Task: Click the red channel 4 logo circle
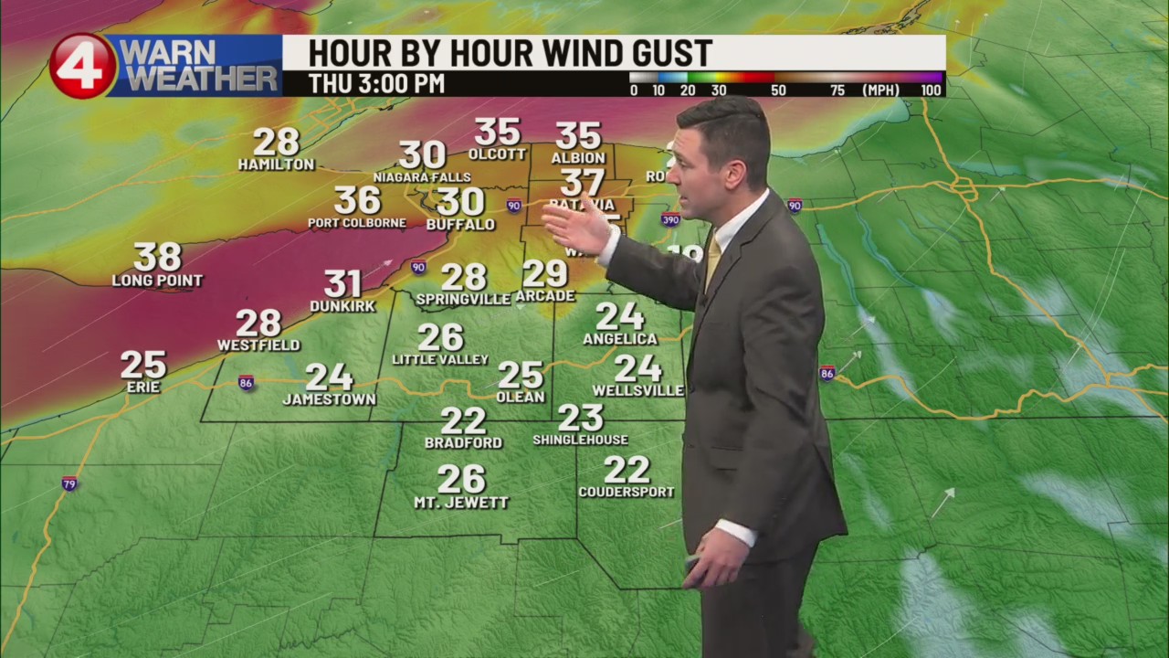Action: [83, 66]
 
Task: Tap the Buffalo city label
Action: [460, 225]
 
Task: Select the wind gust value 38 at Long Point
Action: [158, 258]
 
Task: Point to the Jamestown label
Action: [329, 399]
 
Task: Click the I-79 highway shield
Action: [69, 483]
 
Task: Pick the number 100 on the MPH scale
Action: [931, 90]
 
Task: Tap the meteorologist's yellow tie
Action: [713, 261]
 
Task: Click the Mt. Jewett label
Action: [461, 503]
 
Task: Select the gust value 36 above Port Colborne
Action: [357, 200]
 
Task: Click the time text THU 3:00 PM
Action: [376, 84]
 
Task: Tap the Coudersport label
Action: [627, 492]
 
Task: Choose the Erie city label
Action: [143, 387]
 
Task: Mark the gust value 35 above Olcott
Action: [498, 132]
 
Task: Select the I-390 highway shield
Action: [670, 219]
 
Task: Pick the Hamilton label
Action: [276, 164]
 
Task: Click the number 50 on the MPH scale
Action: [778, 90]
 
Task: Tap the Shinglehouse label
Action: [581, 440]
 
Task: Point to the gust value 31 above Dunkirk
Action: [342, 284]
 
